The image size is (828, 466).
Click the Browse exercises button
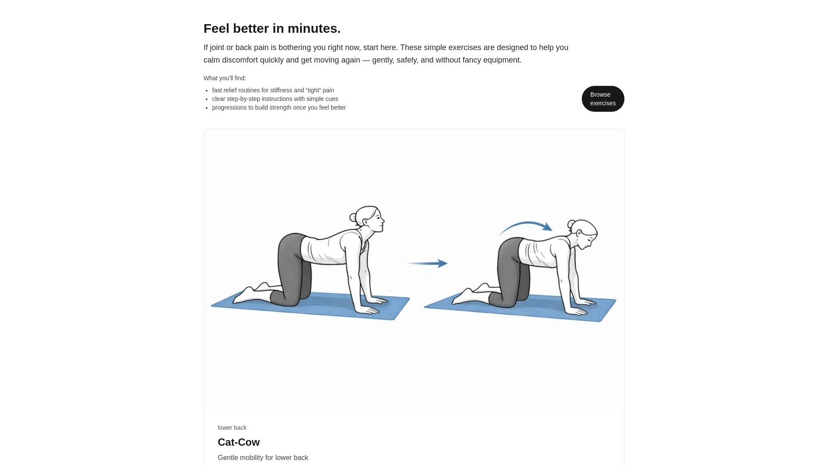(x=602, y=99)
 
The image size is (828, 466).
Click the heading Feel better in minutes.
(x=272, y=28)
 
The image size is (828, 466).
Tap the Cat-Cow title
(x=238, y=442)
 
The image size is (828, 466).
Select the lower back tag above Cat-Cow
(x=232, y=428)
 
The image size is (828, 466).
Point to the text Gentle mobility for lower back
(x=263, y=458)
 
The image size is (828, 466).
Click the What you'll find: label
(x=225, y=78)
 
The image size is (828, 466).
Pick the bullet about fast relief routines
(x=273, y=90)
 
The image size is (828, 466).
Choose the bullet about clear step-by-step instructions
(x=275, y=99)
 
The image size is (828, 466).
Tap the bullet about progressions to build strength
(x=279, y=107)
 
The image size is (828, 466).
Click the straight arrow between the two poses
(x=427, y=263)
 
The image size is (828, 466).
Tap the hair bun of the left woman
(x=354, y=217)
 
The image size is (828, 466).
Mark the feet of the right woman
(x=468, y=293)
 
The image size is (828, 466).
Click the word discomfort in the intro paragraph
(x=240, y=60)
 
